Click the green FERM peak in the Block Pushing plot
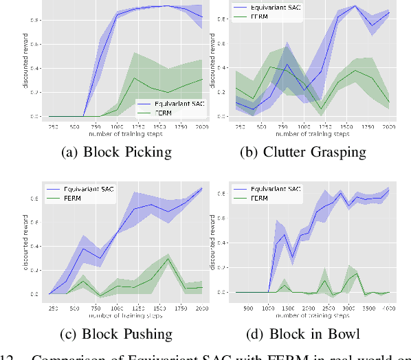[x=168, y=259]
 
